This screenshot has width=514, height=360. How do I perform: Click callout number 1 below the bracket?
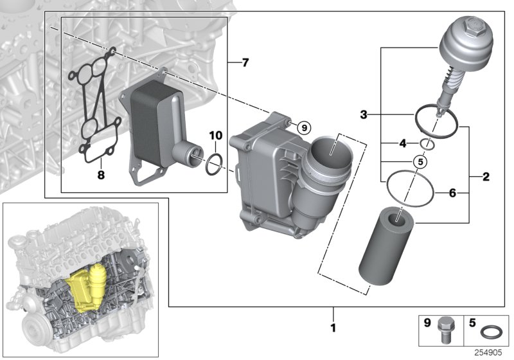pos(333,327)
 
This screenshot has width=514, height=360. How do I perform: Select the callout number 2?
pos(486,175)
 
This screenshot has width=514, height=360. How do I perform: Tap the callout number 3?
pos(364,116)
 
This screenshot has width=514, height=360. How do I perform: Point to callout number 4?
pos(403,144)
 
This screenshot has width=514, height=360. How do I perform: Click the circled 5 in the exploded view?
pos(419,161)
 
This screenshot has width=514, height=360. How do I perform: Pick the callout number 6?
pos(452,192)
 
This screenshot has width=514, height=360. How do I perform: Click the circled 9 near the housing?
pos(305,127)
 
